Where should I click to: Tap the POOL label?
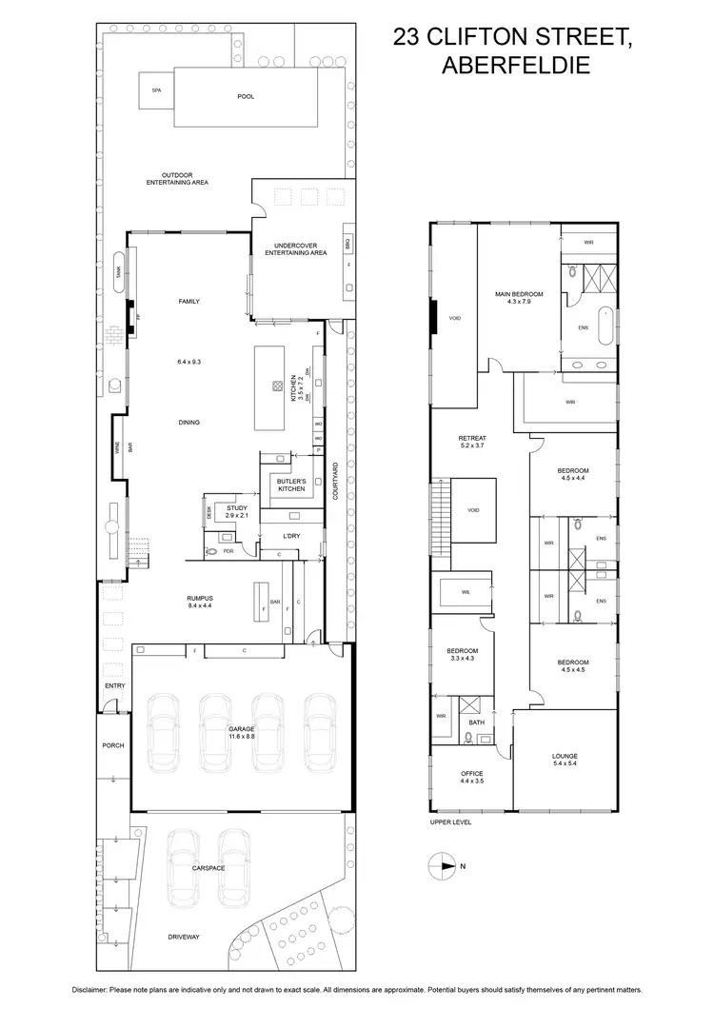[246, 96]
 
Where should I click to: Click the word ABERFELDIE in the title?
[513, 66]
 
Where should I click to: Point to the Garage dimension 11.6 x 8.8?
[241, 736]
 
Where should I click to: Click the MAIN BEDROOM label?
[517, 293]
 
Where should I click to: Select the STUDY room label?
[236, 508]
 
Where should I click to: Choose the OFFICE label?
[472, 773]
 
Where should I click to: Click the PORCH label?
[114, 745]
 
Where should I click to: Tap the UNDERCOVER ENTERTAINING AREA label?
[295, 250]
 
